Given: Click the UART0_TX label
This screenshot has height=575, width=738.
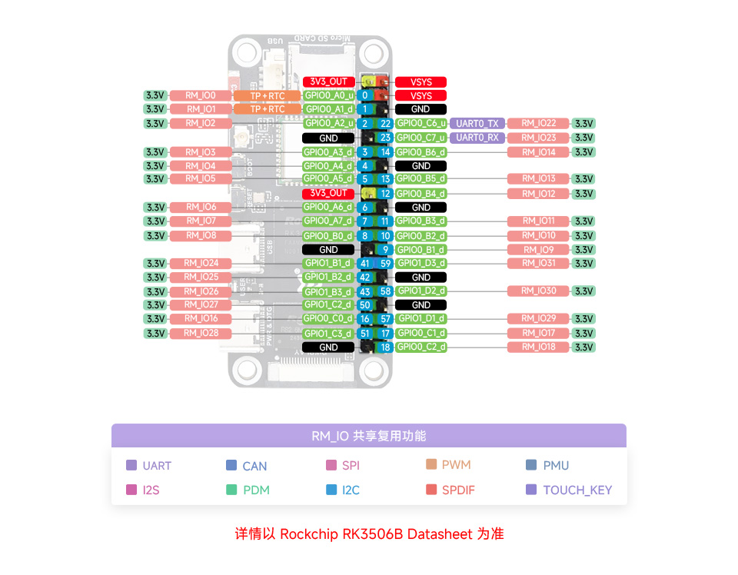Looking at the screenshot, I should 477,123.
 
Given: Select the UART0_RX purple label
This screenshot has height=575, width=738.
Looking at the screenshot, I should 477,138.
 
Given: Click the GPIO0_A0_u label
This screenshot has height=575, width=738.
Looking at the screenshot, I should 328,95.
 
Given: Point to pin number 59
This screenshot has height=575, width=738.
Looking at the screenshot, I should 386,264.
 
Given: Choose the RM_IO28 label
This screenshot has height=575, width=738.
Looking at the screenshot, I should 201,333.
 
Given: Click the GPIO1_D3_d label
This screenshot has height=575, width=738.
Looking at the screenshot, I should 421,264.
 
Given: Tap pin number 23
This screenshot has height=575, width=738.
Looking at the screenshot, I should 386,138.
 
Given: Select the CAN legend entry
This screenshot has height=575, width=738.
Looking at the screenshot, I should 254,466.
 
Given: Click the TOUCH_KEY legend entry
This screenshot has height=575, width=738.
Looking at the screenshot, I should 577,490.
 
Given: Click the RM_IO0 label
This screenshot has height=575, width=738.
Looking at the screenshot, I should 201,95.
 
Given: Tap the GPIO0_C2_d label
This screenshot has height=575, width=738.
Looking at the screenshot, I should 421,347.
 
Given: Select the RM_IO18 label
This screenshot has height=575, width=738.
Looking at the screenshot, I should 538,347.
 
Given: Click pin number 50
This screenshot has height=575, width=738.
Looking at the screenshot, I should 365,305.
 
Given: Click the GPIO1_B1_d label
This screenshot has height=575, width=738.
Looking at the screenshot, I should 328,264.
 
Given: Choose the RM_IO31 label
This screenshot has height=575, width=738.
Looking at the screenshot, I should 538,264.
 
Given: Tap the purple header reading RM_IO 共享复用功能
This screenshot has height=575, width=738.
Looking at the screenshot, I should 369,436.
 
